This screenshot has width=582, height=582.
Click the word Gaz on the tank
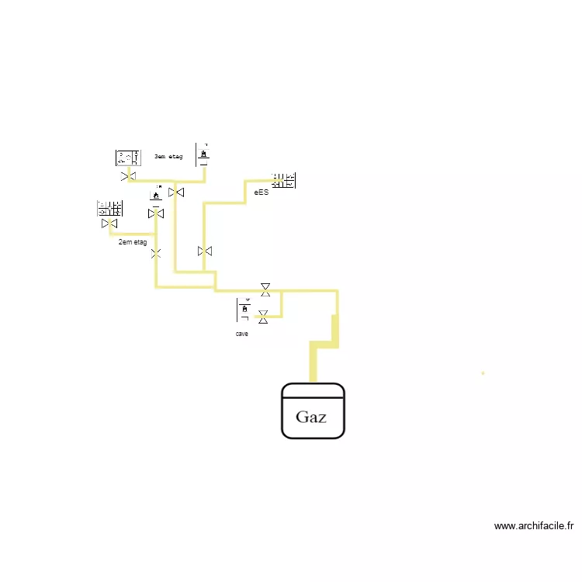(311, 417)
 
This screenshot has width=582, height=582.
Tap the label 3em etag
(168, 157)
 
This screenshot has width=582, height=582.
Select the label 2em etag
(132, 242)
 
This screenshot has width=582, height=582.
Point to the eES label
(261, 192)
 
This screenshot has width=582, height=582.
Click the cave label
(242, 334)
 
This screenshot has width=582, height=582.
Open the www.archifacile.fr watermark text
(534, 526)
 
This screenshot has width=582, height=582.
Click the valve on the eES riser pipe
(205, 251)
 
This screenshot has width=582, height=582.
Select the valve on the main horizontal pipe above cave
(265, 289)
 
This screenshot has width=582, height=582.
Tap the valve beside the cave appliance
(263, 316)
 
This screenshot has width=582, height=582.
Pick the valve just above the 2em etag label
(108, 223)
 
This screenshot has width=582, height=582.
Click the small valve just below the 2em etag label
(156, 253)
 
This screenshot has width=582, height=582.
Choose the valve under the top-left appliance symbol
(128, 177)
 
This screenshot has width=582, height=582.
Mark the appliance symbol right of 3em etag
(203, 154)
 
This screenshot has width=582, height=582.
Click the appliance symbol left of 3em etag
(127, 158)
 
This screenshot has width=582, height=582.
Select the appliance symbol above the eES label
(283, 181)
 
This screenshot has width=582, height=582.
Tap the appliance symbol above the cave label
(244, 310)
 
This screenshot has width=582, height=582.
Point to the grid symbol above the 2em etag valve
(109, 208)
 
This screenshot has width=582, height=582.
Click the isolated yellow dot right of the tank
(483, 373)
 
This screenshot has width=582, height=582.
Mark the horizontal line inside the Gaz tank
(313, 397)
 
